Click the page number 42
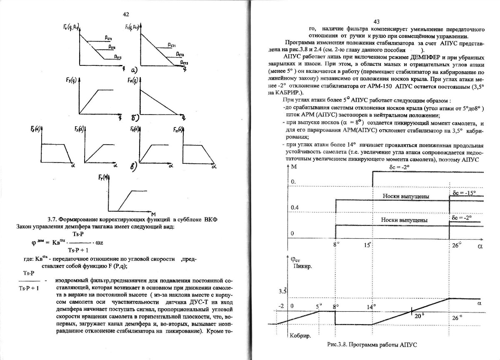126,14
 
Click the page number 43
377,22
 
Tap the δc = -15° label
463,193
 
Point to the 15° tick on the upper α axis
367,245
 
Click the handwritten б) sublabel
135,120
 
